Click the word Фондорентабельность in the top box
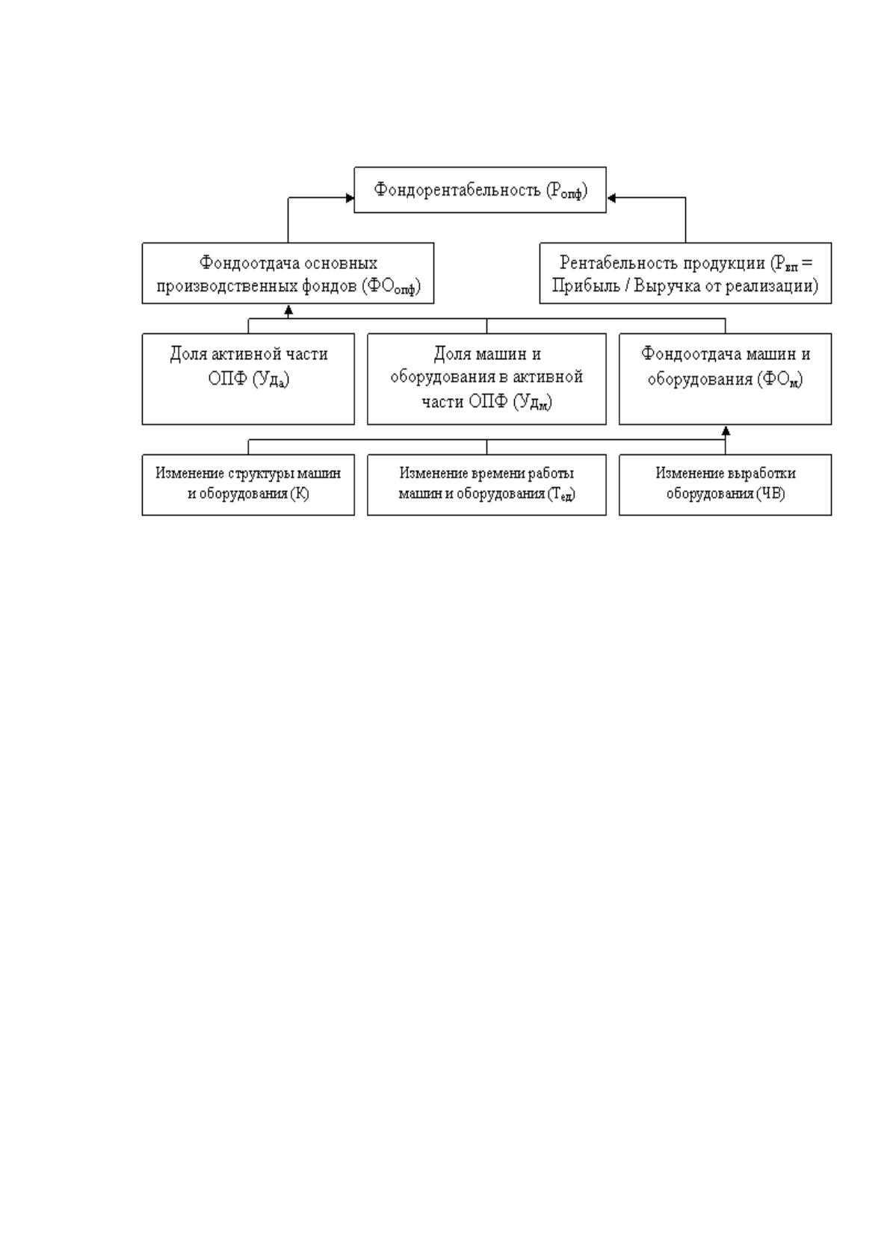(457, 189)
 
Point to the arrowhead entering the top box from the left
(350, 198)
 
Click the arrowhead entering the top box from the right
(611, 198)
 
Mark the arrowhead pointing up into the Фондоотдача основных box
(288, 310)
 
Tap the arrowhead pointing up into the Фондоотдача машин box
(726, 431)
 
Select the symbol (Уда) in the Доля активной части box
(271, 379)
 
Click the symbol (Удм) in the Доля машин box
(532, 402)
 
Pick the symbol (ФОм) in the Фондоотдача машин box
(780, 379)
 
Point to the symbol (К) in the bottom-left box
(300, 494)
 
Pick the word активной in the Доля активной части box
(250, 354)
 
